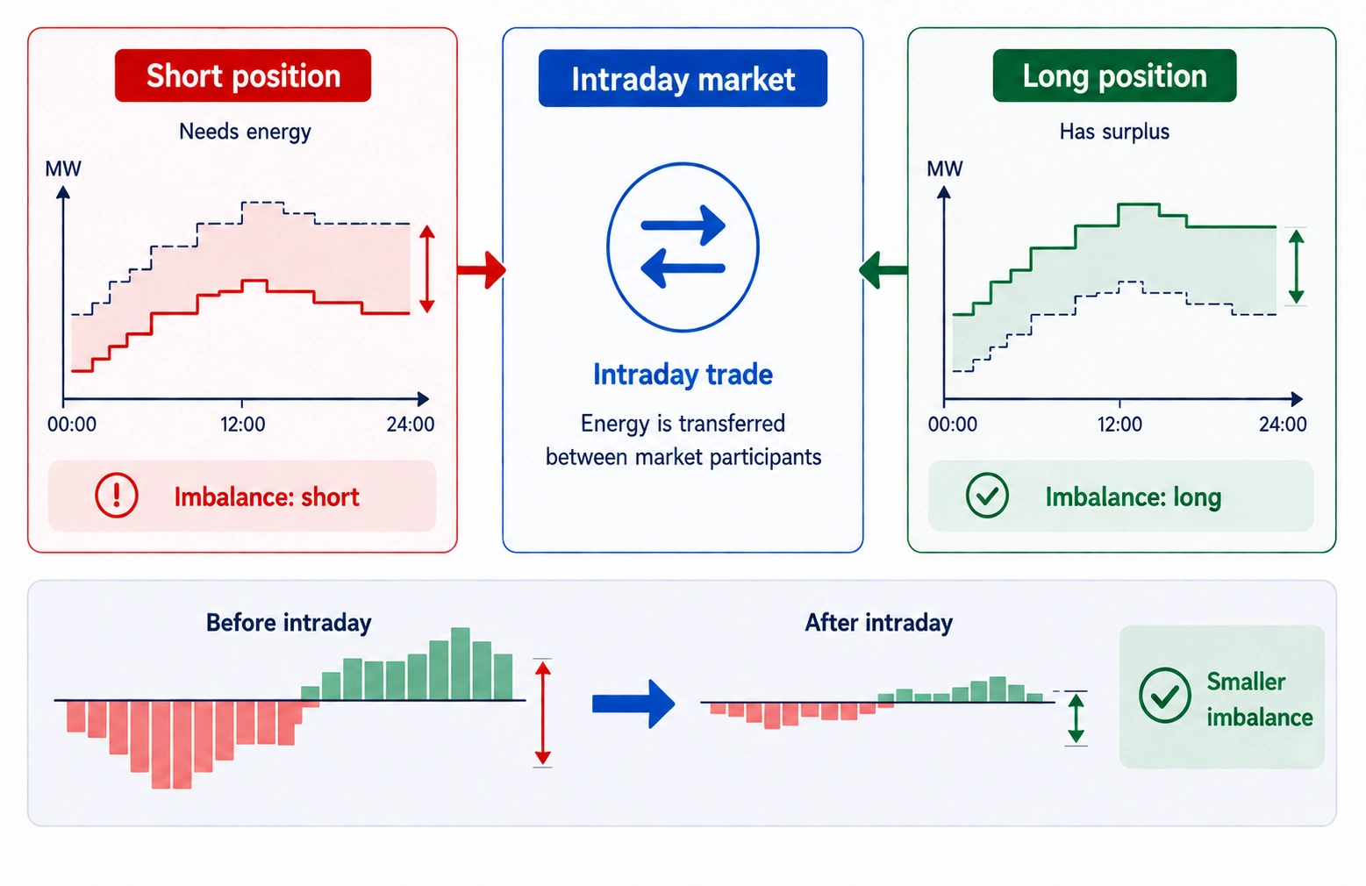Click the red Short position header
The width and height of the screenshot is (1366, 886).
(x=243, y=76)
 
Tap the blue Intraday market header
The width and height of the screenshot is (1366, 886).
(x=683, y=79)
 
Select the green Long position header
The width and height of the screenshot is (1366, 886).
(x=1114, y=76)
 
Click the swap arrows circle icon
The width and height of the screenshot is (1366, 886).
(x=683, y=247)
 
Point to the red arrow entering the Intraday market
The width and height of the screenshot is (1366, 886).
(x=482, y=269)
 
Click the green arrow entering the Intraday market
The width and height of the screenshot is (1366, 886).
(x=883, y=269)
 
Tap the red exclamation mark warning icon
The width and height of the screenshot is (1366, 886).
(x=117, y=496)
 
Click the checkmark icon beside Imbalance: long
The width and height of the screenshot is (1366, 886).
(x=987, y=496)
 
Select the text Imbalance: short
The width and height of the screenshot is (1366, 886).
(x=267, y=497)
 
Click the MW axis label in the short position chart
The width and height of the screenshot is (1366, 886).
(x=63, y=168)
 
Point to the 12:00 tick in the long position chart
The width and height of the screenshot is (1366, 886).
(x=1119, y=425)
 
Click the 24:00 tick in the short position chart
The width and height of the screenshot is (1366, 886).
(x=410, y=425)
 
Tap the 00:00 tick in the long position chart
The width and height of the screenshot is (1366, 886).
(x=952, y=425)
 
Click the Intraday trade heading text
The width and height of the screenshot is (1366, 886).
(x=683, y=375)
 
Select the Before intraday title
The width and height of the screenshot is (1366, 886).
(x=289, y=623)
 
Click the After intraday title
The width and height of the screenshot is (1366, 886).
(x=878, y=623)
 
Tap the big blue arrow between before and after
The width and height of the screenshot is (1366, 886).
(x=633, y=704)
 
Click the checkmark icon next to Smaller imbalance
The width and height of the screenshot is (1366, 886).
(x=1164, y=696)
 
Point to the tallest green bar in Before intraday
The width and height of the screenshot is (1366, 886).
(x=461, y=663)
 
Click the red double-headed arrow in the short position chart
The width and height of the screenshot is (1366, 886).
(x=427, y=269)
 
